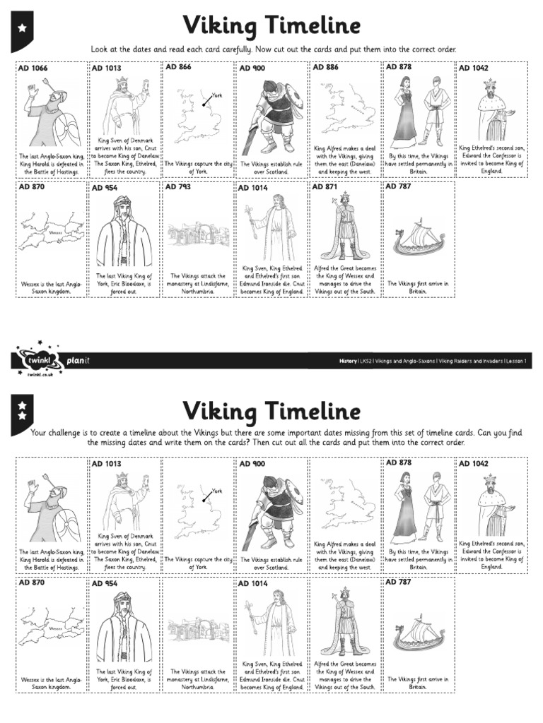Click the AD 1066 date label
pos(33,68)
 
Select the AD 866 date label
pos(178,67)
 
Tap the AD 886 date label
pos(325,67)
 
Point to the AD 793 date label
pos(178,187)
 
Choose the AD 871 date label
pos(325,187)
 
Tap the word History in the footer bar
pos(348,361)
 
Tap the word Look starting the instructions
pos(100,49)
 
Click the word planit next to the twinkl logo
pos(78,361)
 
